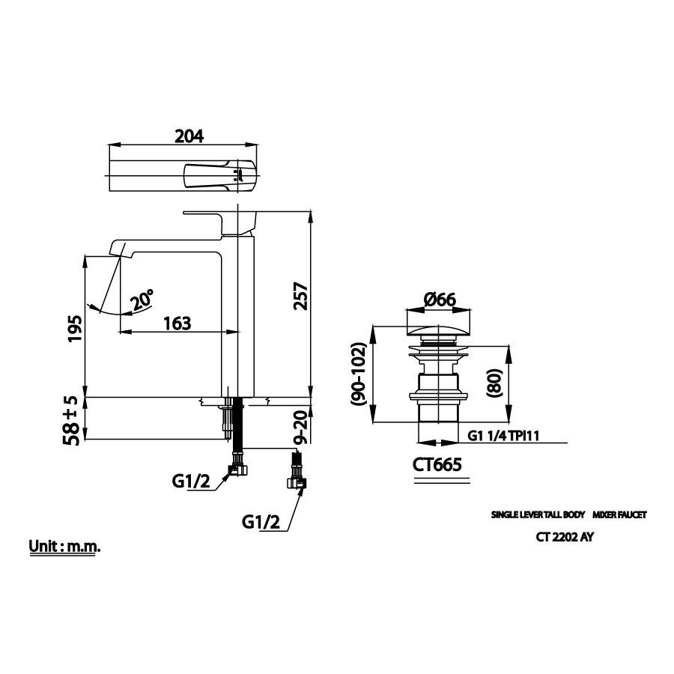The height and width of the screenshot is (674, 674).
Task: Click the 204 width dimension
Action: pyautogui.click(x=189, y=136)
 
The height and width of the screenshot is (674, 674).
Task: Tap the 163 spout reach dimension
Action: pyautogui.click(x=177, y=324)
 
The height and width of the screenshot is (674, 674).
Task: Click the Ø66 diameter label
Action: pyautogui.click(x=440, y=300)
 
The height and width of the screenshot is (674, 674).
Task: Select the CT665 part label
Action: pyautogui.click(x=437, y=464)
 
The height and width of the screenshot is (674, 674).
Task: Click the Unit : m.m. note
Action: pyautogui.click(x=64, y=547)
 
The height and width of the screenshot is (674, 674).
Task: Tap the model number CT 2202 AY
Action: pyautogui.click(x=565, y=536)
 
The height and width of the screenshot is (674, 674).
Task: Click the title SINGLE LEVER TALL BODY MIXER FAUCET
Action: pyautogui.click(x=568, y=515)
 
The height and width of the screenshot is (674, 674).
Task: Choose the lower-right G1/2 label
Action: pyautogui.click(x=261, y=523)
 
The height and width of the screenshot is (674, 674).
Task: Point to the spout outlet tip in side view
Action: pyautogui.click(x=118, y=249)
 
